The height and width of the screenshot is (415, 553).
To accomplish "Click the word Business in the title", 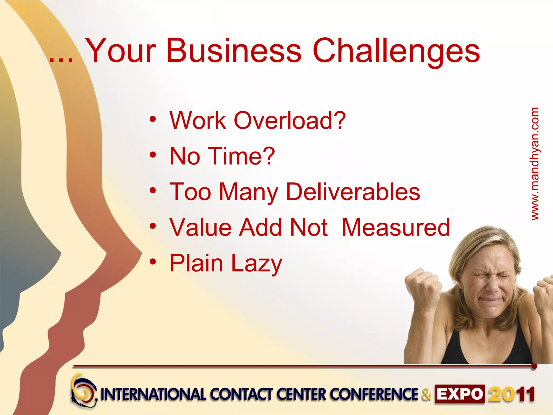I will (234, 51).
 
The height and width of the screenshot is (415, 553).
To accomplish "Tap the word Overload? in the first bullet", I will (289, 121).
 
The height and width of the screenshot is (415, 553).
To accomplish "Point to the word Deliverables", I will (353, 192).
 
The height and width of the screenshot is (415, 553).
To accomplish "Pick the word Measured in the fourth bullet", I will (396, 227).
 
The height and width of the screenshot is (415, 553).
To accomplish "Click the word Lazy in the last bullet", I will (257, 263).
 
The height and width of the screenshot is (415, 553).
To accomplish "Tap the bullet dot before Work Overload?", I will (153, 119).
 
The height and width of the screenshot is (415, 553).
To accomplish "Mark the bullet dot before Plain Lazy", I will (153, 262).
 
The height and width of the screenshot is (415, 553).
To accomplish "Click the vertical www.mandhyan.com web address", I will (535, 164).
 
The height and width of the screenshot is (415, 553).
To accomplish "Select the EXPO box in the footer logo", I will (460, 394).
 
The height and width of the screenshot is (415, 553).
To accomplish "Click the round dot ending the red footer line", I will (534, 366).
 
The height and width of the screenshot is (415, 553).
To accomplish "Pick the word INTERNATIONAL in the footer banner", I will (153, 394).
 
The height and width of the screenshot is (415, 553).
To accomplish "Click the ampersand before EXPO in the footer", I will (426, 394).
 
